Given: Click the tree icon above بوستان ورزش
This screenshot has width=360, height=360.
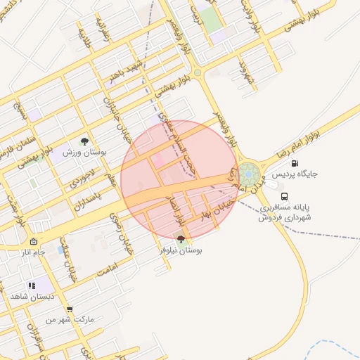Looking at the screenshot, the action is [85, 141].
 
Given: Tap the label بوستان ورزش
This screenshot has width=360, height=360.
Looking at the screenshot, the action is [84, 153].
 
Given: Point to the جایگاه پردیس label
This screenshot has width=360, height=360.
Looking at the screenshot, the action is [290, 173].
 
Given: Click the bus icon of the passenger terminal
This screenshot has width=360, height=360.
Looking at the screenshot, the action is [284, 197].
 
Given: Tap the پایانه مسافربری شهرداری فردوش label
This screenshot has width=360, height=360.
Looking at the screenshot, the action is [284, 212].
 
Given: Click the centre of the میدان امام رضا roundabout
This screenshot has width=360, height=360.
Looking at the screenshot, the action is [248, 174].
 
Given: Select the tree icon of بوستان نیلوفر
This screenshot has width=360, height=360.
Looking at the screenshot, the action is [181, 239].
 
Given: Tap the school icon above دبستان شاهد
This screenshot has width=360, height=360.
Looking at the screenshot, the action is [31, 286].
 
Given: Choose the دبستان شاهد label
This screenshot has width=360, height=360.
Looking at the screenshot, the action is [28, 297].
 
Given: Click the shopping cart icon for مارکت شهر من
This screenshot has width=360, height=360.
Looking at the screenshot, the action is [69, 309].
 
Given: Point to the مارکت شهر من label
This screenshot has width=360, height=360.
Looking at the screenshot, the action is [69, 319].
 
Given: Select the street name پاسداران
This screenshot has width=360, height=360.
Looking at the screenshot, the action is [88, 202].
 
